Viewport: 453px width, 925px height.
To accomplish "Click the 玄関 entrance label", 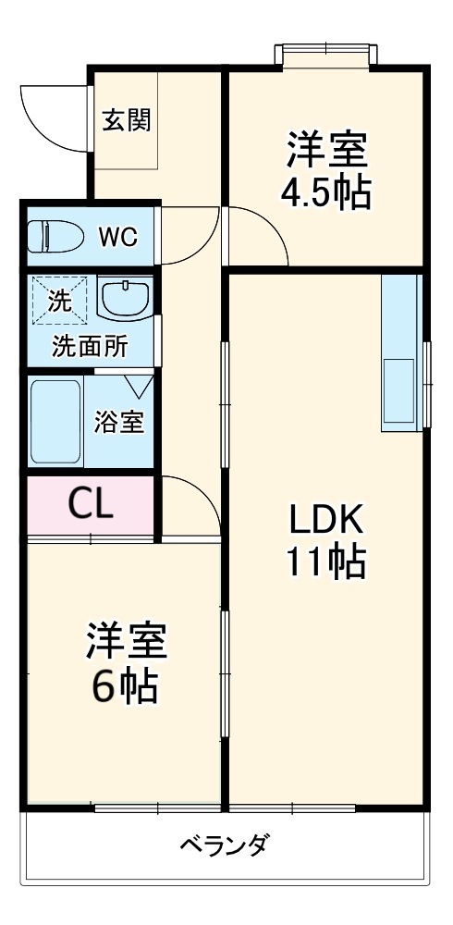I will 127,119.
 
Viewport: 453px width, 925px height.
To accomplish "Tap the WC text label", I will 117,237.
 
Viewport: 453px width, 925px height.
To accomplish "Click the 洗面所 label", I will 90,349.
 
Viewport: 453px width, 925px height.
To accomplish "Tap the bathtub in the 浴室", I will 56,422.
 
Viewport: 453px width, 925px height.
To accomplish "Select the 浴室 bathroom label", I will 119,422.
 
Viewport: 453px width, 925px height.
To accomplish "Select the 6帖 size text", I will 126,685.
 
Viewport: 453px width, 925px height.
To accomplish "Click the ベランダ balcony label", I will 225,845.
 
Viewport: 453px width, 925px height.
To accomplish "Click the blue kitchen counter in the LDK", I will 402,351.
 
